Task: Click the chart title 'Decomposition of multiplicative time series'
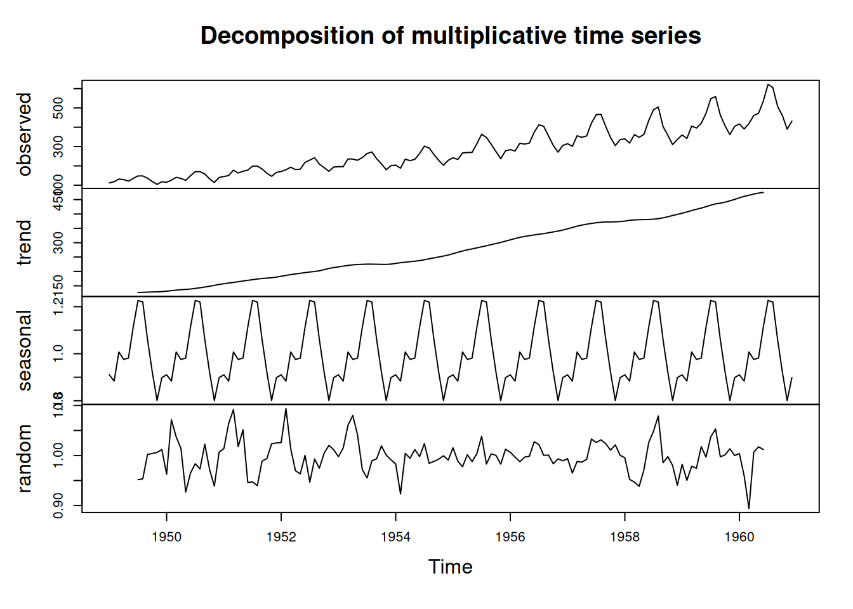tap(451, 36)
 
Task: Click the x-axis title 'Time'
tap(450, 566)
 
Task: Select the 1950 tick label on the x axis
tap(166, 537)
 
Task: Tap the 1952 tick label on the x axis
tap(281, 537)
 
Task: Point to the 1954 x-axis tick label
tap(395, 537)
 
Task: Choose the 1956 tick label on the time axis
tap(510, 537)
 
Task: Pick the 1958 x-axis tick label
tap(625, 537)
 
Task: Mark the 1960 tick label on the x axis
tap(739, 537)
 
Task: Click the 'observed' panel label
tap(24, 134)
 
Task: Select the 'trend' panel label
tap(24, 242)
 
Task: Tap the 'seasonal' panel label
tap(24, 350)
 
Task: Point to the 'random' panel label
tap(24, 458)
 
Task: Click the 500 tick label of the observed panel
tap(59, 108)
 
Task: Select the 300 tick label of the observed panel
tap(59, 147)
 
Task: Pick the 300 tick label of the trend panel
tap(59, 242)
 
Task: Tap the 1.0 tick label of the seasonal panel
tap(59, 353)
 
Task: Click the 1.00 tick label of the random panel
tap(59, 455)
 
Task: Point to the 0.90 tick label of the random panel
tap(59, 506)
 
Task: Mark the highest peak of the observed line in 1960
tap(768, 84)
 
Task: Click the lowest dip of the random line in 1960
tap(749, 508)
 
